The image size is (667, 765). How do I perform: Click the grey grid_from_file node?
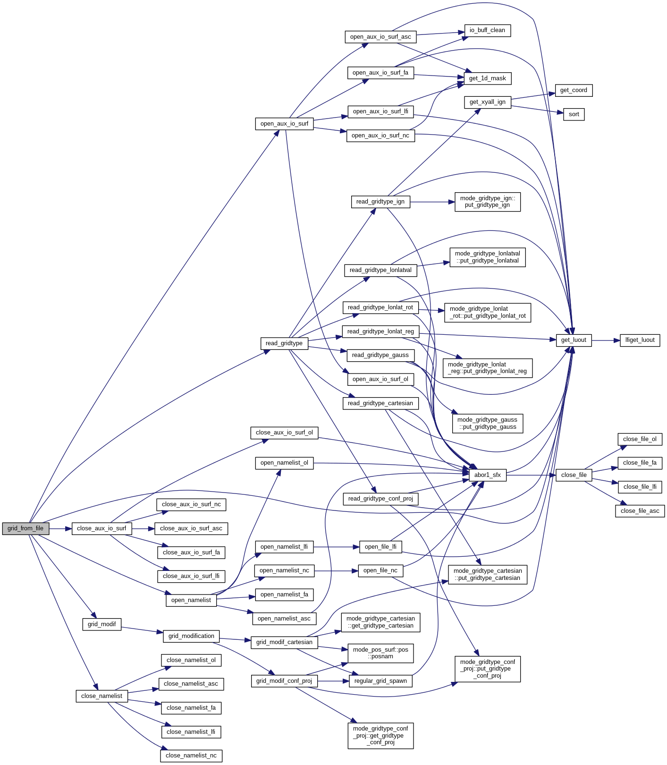pyautogui.click(x=25, y=528)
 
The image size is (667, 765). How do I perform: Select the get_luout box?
pyautogui.click(x=574, y=340)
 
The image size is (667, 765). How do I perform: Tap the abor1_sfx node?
pyautogui.click(x=487, y=475)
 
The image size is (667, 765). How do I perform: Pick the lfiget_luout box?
pyautogui.click(x=640, y=340)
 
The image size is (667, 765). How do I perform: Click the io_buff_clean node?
pyautogui.click(x=487, y=30)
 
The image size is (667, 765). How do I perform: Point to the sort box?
pyautogui.click(x=574, y=114)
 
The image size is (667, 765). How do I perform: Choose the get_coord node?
pyautogui.click(x=574, y=90)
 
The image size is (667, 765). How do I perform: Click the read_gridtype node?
pyautogui.click(x=284, y=343)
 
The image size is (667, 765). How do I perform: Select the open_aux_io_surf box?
pyautogui.click(x=284, y=124)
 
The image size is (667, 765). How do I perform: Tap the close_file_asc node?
pyautogui.click(x=640, y=511)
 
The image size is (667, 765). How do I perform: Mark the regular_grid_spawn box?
pyautogui.click(x=380, y=681)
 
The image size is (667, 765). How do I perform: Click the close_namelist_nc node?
pyautogui.click(x=191, y=756)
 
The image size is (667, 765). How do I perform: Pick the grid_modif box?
pyautogui.click(x=101, y=624)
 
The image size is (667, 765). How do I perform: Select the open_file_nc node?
pyautogui.click(x=380, y=570)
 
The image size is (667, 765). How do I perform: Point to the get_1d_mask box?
pyautogui.click(x=487, y=78)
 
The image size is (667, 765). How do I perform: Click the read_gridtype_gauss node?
pyautogui.click(x=380, y=355)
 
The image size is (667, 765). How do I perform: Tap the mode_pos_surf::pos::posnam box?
pyautogui.click(x=380, y=653)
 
